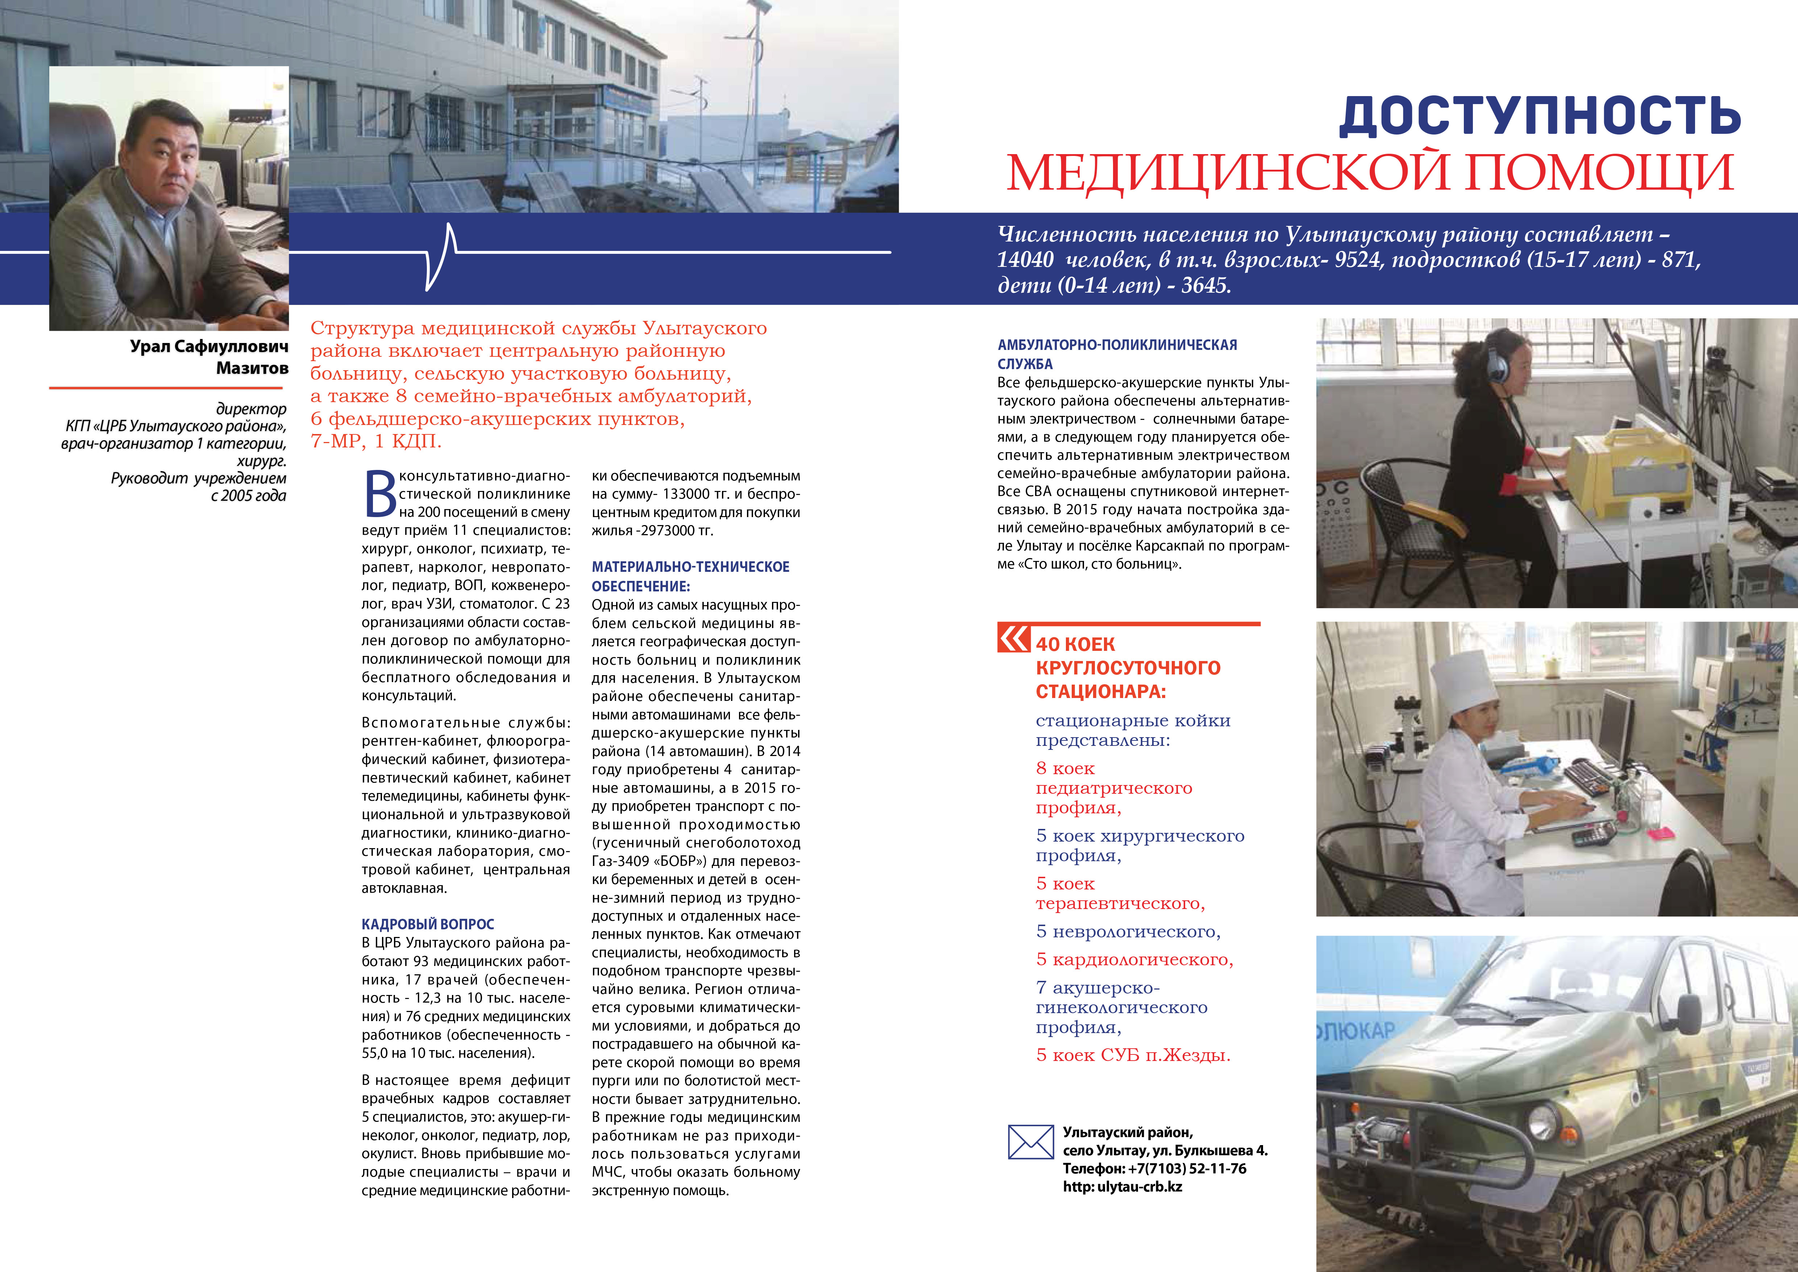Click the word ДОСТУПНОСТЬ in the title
1540,116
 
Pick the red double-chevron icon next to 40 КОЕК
1013,638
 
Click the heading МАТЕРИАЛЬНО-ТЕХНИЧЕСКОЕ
690,566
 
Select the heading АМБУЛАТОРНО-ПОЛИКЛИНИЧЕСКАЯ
1117,344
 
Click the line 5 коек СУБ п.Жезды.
1132,1055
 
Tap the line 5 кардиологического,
1134,959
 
